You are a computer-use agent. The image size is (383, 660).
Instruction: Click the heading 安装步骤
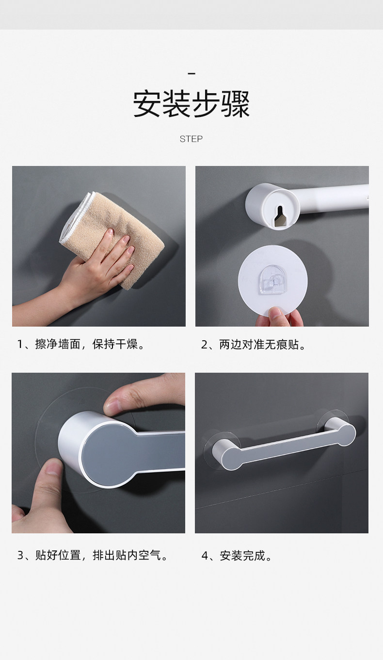191,104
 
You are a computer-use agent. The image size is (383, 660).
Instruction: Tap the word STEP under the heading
191,139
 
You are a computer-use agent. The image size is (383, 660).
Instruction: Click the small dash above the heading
191,73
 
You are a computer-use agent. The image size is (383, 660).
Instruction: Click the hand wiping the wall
88,271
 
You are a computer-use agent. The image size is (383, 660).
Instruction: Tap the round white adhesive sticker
272,280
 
